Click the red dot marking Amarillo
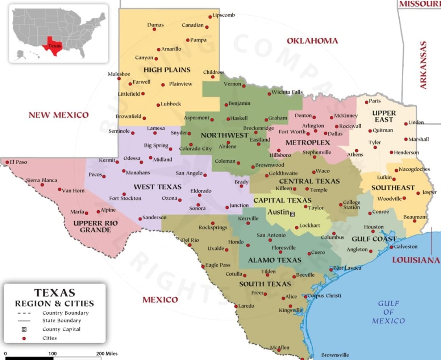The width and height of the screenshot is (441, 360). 158,50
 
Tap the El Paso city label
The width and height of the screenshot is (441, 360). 18,162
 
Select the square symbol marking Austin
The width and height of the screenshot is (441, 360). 292,214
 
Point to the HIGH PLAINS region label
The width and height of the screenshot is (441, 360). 167,70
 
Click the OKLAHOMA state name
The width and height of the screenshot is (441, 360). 312,41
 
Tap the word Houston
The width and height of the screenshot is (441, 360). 374,227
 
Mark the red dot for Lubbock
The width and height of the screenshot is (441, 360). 158,105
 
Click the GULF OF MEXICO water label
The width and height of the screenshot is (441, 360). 388,312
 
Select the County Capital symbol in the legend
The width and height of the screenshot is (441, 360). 24,329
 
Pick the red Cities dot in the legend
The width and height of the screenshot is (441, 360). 24,338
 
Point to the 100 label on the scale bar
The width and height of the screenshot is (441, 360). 53,353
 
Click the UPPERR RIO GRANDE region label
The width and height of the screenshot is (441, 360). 96,227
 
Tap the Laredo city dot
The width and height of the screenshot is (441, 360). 236,306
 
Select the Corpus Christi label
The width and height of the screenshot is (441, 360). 324,295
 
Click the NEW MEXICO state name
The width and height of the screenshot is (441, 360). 58,115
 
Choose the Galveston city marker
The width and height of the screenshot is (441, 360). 391,247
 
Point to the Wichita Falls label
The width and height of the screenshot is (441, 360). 287,92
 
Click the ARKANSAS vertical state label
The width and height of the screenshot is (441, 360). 423,65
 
